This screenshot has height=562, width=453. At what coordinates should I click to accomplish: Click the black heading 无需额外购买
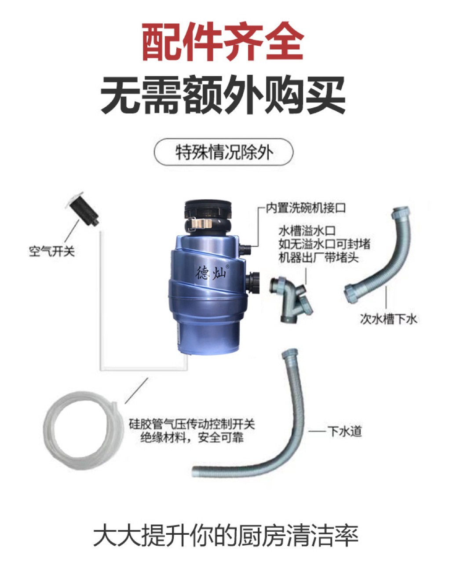(x=223, y=95)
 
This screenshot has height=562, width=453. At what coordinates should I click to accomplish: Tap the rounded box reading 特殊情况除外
(x=223, y=152)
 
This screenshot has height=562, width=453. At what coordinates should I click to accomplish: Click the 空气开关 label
(x=52, y=251)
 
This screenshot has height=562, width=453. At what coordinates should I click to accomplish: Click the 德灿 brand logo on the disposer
(x=211, y=273)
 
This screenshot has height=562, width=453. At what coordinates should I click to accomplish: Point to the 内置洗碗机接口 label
(x=306, y=208)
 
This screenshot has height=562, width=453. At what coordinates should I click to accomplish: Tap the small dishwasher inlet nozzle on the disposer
(x=245, y=248)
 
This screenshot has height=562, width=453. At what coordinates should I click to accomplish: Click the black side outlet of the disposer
(x=253, y=283)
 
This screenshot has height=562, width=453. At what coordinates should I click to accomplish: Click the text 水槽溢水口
(x=307, y=231)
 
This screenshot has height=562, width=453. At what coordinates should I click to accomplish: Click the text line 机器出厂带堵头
(x=318, y=258)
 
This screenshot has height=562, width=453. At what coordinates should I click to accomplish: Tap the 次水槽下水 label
(x=388, y=319)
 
